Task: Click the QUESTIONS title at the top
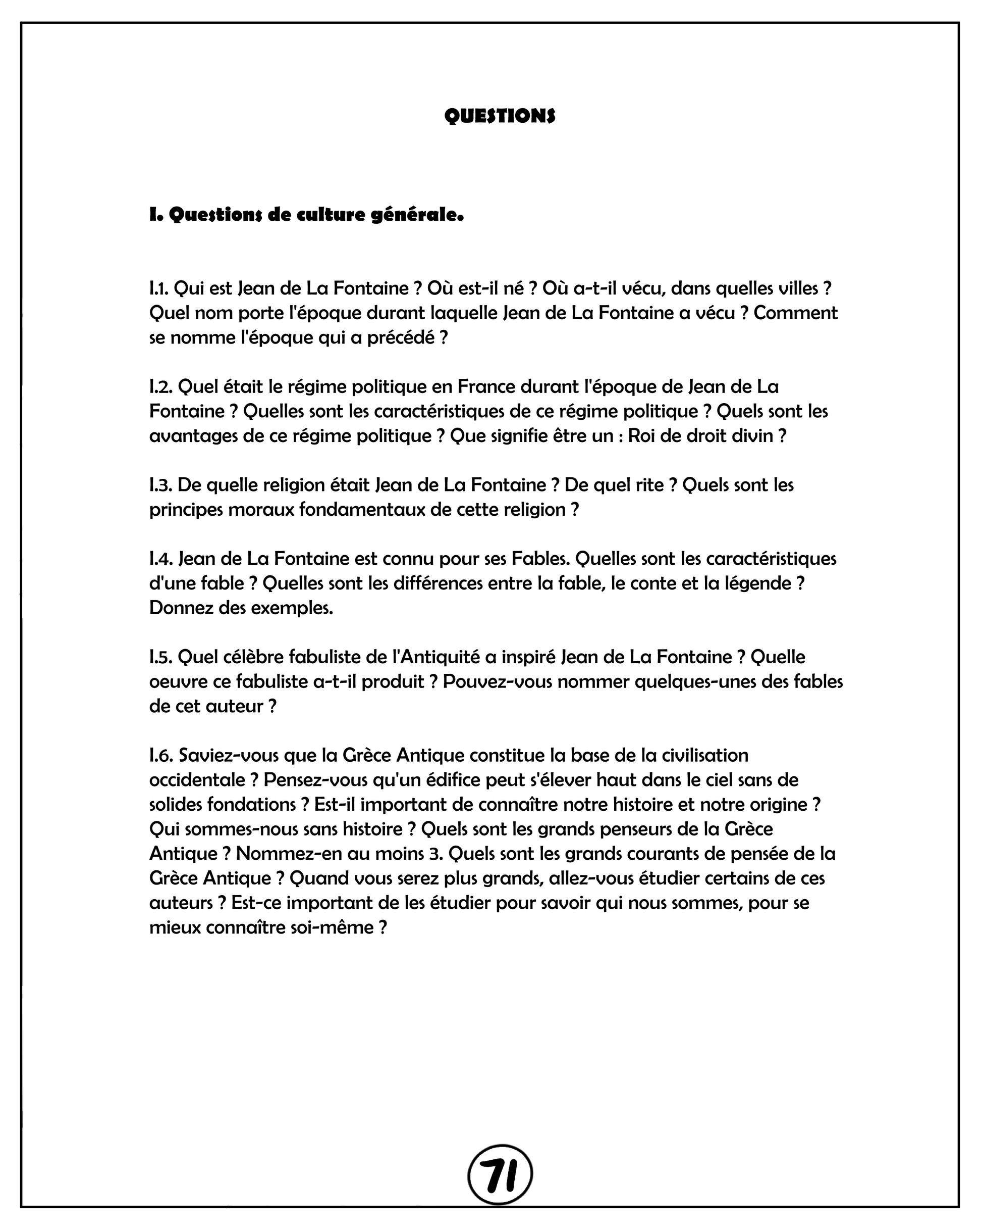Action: [x=500, y=116]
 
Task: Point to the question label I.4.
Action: [x=160, y=558]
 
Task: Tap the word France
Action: [x=486, y=387]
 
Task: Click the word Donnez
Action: [x=181, y=608]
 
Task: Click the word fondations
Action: [x=251, y=804]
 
